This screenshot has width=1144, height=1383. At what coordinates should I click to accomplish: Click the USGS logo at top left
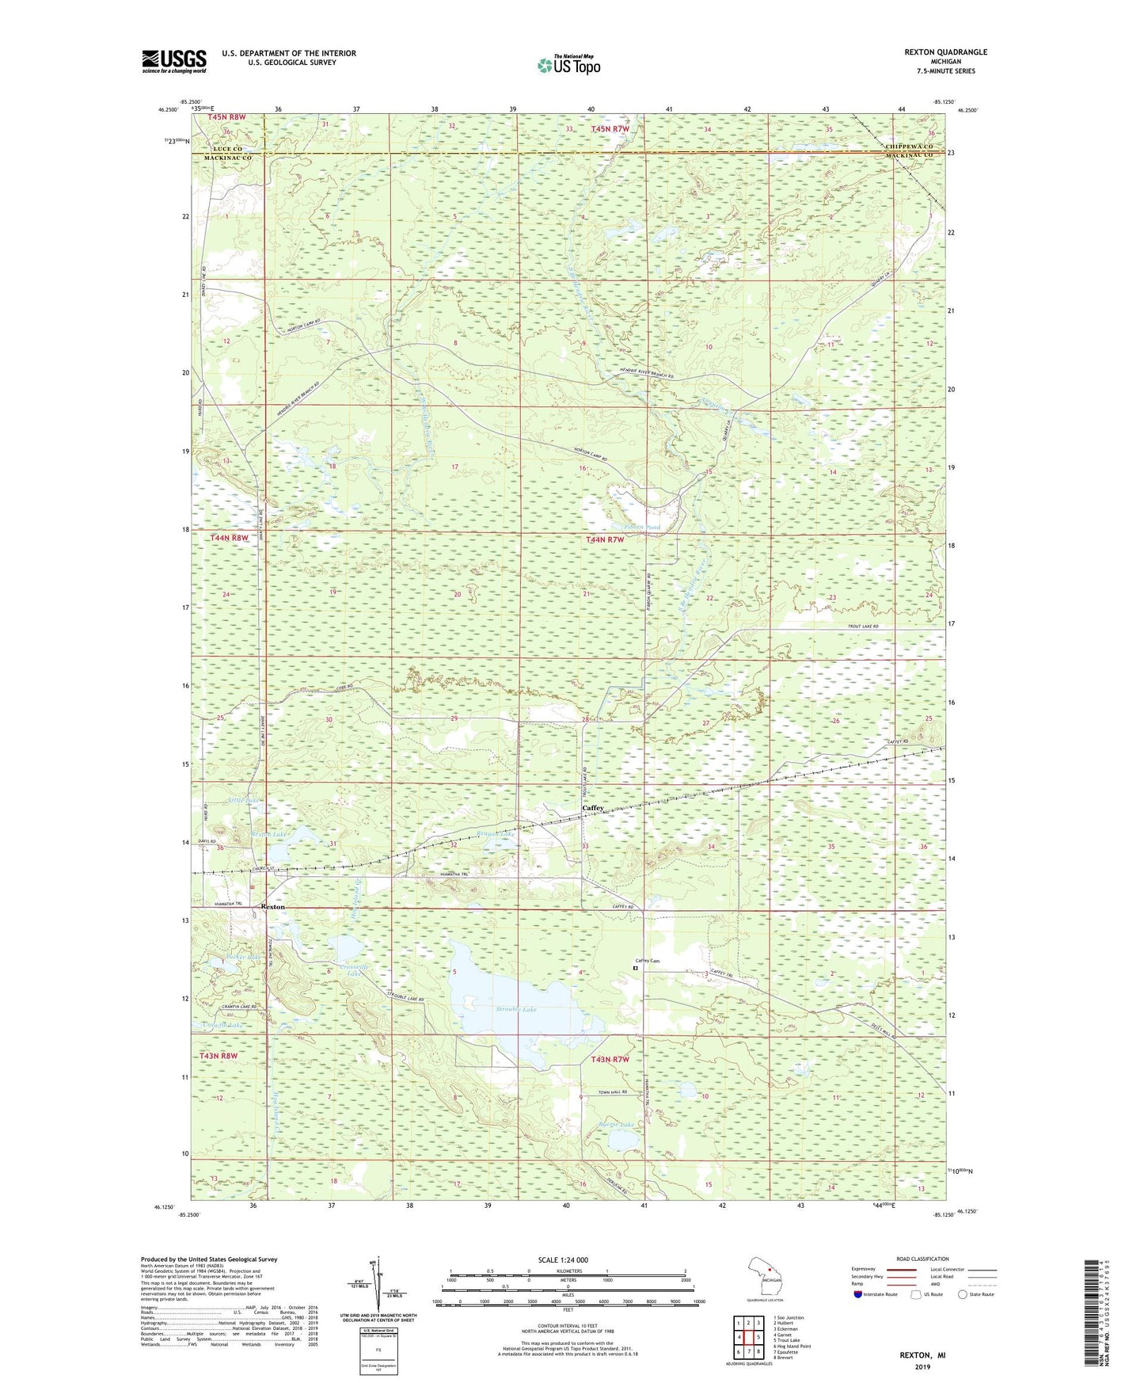coord(174,61)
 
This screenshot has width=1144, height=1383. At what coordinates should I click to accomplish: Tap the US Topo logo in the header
coord(568,65)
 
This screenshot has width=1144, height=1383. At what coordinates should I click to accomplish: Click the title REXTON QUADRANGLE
coord(945,52)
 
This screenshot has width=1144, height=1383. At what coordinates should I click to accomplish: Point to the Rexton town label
coord(272,906)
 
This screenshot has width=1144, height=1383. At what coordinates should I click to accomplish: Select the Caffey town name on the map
coord(593,808)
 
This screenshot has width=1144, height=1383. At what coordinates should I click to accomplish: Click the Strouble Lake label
coord(516,1009)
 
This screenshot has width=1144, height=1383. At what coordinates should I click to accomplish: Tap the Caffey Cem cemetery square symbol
coord(635,967)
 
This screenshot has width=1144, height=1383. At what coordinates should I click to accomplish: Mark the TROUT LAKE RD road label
coord(858,627)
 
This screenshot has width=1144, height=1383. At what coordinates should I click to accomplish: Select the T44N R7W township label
coord(605,539)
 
